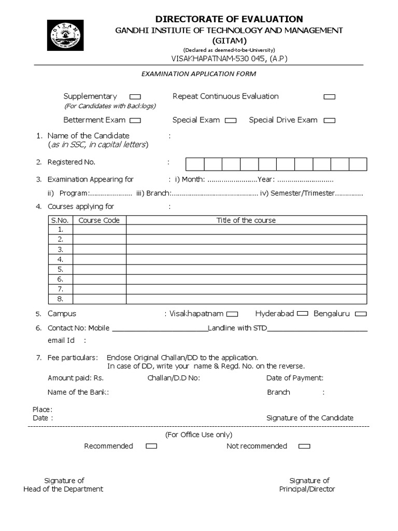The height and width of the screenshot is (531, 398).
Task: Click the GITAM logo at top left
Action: click(x=64, y=38)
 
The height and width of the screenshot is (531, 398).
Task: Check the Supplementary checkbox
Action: click(x=135, y=97)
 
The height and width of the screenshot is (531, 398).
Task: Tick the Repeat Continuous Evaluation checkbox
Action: click(x=329, y=97)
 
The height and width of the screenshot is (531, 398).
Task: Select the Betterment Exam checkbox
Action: click(x=135, y=120)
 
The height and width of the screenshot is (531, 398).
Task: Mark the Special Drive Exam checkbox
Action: click(x=329, y=120)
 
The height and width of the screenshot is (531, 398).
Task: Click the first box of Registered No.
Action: click(x=195, y=164)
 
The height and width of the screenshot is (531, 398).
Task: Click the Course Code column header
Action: click(x=99, y=220)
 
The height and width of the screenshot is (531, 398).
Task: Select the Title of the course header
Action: click(x=246, y=220)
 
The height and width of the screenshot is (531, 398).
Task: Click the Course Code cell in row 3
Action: click(x=99, y=249)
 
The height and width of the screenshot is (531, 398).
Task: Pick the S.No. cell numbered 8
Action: click(x=61, y=299)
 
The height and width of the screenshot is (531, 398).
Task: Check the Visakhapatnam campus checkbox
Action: click(x=233, y=314)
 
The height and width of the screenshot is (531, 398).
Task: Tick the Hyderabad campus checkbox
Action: click(x=303, y=314)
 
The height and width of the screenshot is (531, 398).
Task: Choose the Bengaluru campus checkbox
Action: click(x=361, y=314)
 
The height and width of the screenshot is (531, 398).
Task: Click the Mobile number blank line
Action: click(x=159, y=329)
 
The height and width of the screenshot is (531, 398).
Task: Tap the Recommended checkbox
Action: click(x=151, y=446)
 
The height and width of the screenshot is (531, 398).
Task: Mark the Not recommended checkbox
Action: click(x=305, y=446)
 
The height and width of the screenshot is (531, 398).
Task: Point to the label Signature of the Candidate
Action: click(x=310, y=418)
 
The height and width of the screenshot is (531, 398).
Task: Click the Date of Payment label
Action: click(x=295, y=378)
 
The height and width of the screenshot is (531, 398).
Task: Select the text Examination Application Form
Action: click(x=199, y=74)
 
